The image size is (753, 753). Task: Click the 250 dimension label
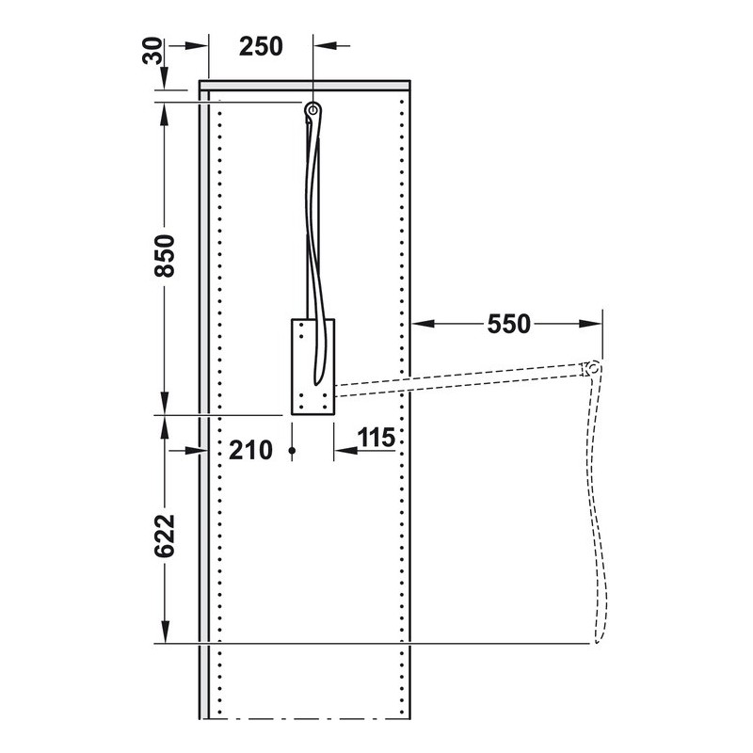[x=261, y=46]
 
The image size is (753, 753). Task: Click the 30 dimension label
[x=152, y=52]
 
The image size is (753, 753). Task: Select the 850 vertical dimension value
[x=165, y=255]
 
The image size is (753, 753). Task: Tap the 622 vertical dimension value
[x=165, y=536]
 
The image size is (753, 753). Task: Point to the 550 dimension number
[x=508, y=324]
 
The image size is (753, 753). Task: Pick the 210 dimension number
[x=250, y=451]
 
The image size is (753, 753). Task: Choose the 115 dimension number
[x=376, y=438]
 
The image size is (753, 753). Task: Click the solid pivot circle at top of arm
[x=313, y=110]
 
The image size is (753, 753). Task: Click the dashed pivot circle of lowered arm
[x=594, y=369]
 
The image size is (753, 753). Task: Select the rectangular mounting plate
[x=312, y=366]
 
